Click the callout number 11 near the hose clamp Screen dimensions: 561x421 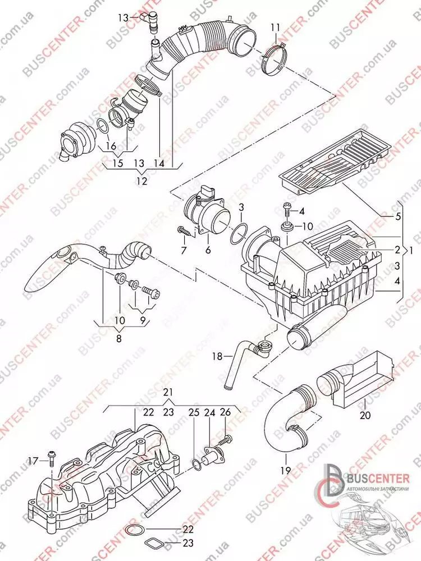coord(274,27)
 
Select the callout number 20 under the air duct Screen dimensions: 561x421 coord(365,416)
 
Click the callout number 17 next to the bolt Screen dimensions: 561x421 coord(33,461)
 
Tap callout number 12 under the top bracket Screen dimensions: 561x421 coord(141,181)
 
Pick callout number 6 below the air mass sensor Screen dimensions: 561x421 coord(208,250)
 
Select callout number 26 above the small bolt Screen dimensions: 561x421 coord(225,412)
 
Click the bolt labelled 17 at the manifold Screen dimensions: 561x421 coord(51,457)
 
